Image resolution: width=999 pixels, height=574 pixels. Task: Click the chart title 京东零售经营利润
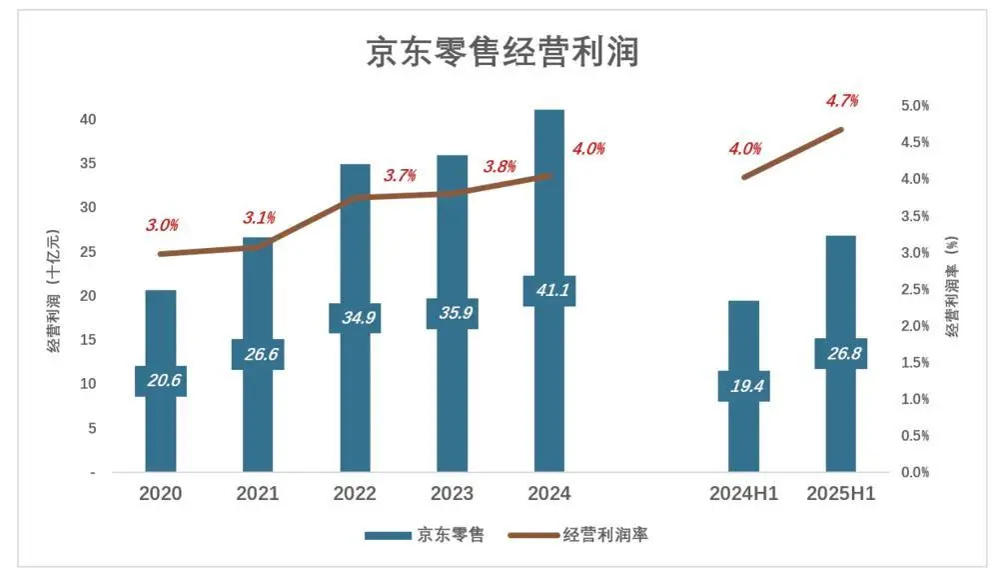click(x=500, y=52)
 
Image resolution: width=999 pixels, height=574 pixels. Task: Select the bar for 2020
click(x=161, y=430)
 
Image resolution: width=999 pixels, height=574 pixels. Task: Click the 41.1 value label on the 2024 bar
click(x=549, y=291)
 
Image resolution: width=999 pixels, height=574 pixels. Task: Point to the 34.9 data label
click(x=355, y=318)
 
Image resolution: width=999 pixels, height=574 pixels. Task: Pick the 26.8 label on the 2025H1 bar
click(x=840, y=353)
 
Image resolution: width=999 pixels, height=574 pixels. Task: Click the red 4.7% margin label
click(x=841, y=100)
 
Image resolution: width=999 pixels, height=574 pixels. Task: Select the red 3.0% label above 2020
click(x=162, y=225)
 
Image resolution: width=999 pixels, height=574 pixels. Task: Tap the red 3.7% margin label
click(x=400, y=176)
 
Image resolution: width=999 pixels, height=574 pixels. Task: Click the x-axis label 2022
click(x=355, y=494)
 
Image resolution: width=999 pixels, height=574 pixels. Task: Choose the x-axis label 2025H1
click(x=841, y=494)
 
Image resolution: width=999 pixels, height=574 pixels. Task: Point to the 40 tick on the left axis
click(x=88, y=119)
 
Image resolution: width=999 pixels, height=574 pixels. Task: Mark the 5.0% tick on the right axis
click(x=915, y=105)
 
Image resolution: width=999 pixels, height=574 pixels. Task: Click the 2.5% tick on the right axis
click(x=915, y=289)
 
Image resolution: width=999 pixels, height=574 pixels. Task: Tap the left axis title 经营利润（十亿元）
click(x=54, y=292)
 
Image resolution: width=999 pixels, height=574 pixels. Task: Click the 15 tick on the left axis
click(x=88, y=340)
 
